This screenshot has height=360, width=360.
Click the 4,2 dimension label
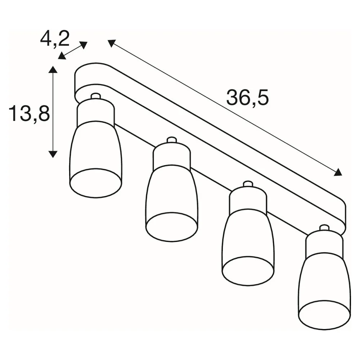(55, 39)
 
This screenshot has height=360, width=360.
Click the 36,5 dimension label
(248, 98)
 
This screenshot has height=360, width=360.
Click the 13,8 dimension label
(29, 114)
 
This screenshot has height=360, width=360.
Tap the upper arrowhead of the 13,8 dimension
(53, 69)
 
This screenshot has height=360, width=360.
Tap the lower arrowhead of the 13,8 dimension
(53, 154)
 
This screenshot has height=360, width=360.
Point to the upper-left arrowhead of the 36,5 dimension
(111, 43)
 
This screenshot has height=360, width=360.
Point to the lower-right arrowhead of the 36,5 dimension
(338, 172)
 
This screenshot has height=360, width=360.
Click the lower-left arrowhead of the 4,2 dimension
(62, 56)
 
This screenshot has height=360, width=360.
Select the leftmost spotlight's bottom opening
(96, 183)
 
